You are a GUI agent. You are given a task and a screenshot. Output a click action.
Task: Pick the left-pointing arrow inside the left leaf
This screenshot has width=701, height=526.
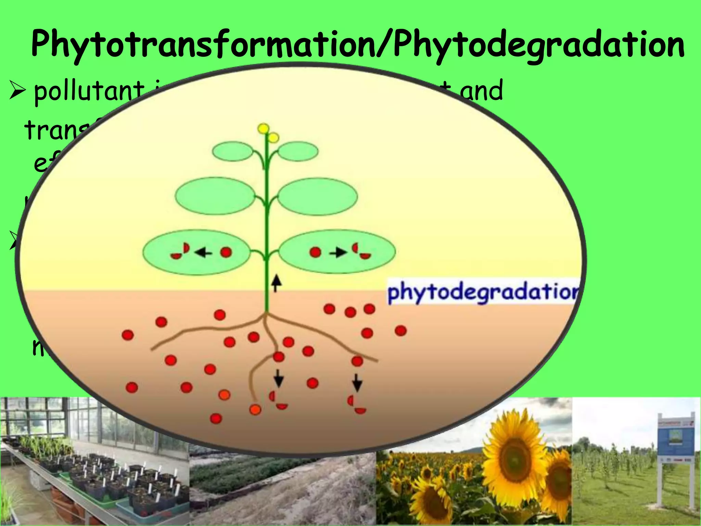pos(203,253)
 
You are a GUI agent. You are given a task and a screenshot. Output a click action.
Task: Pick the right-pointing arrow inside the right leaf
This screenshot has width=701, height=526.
pos(337,253)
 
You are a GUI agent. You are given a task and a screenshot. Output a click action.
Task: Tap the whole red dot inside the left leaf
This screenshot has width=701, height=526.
pos(226,252)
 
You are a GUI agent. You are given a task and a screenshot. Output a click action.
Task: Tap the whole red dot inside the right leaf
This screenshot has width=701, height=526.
pos(315,252)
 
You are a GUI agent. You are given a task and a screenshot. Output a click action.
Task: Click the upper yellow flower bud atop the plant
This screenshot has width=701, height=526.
pos(263,128)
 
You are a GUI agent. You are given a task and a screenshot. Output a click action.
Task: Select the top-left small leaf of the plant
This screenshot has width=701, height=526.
pos(233,151)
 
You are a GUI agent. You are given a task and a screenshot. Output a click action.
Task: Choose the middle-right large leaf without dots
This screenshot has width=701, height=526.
pos(317,197)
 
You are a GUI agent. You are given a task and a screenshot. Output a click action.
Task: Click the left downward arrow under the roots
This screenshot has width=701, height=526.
pos(279,378)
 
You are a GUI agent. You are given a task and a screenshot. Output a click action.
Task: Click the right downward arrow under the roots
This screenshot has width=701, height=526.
pos(357,382)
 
